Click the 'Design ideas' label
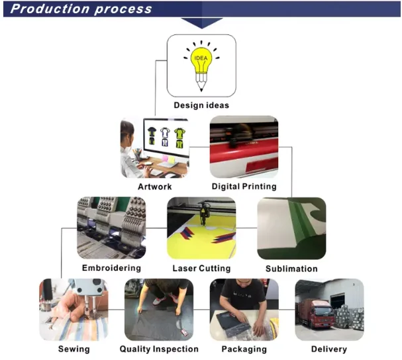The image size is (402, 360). (201, 105)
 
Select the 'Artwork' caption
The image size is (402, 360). (155, 187)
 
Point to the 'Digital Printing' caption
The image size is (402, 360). (244, 187)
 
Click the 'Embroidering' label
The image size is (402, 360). (111, 268)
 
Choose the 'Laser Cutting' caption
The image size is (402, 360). (201, 268)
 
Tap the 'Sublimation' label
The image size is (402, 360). (291, 269)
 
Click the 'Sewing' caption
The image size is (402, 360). (73, 349)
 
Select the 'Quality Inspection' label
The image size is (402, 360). (159, 349)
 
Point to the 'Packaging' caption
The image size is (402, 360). (244, 349)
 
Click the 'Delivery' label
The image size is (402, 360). (328, 349)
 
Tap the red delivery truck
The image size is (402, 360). (315, 314)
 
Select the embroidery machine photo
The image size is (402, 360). (111, 227)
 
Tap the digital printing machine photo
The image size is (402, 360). (244, 147)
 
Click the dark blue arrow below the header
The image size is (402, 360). (201, 22)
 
